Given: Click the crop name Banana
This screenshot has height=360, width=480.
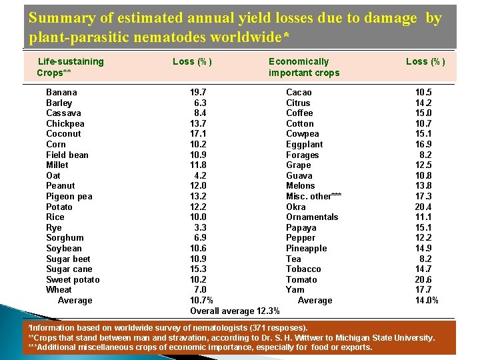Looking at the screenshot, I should click(x=61, y=92).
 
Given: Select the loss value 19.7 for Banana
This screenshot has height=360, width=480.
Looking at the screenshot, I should click(x=198, y=92).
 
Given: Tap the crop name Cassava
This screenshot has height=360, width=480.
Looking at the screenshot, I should click(x=63, y=113).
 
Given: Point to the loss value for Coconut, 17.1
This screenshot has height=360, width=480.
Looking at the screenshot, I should click(x=198, y=133).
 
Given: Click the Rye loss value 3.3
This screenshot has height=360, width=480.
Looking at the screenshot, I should click(x=200, y=227).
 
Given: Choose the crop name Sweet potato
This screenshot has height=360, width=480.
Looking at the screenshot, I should click(x=73, y=279).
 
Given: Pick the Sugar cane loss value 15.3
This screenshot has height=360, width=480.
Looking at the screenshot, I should click(x=198, y=269).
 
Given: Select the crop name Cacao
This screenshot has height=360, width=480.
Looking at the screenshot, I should click(x=299, y=92).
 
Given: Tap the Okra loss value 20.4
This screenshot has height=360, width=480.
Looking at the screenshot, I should click(x=423, y=207).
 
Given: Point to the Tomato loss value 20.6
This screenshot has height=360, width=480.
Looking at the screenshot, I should click(x=423, y=279).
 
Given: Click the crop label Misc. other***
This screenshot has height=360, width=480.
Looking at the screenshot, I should click(x=313, y=196).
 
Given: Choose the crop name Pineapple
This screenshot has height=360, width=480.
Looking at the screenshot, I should click(x=307, y=248).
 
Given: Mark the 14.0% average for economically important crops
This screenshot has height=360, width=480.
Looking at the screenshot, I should click(x=427, y=300).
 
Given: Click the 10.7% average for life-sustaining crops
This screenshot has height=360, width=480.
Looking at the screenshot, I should click(x=201, y=300).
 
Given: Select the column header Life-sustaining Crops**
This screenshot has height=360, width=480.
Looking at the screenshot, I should click(x=70, y=67).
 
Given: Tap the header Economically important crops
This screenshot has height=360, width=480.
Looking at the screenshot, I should click(x=304, y=67).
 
